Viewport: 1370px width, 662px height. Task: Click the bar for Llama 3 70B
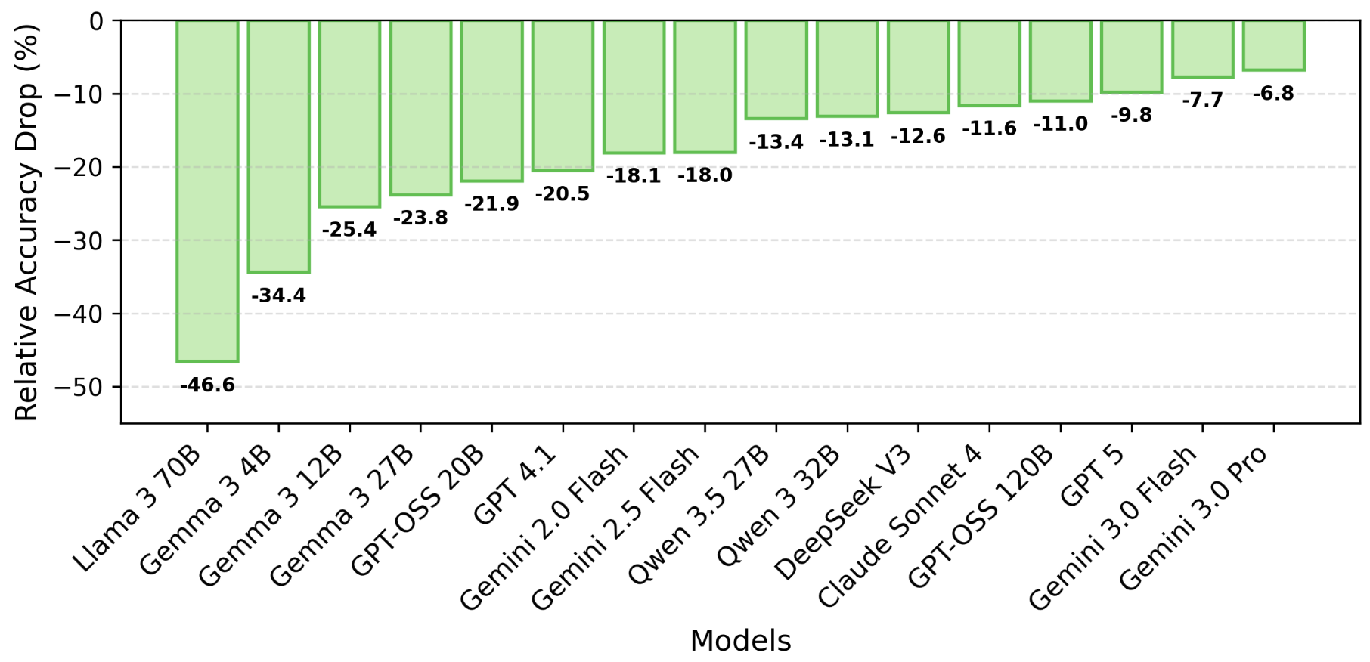point(207,191)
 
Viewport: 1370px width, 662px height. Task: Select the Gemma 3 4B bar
point(278,147)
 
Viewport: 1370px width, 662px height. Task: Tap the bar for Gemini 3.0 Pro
point(1274,45)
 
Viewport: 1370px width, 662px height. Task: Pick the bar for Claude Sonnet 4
point(990,63)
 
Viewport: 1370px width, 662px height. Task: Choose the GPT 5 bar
point(1132,57)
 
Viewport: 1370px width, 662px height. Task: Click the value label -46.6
point(207,385)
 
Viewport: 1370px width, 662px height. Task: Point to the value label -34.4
point(278,295)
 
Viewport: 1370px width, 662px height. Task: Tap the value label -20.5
point(563,194)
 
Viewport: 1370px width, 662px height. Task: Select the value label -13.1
point(847,140)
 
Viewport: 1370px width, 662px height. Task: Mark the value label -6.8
point(1274,94)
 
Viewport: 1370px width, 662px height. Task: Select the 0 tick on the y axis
point(97,21)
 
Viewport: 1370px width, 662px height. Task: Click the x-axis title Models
point(741,641)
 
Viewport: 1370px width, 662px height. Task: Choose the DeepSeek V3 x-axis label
point(843,514)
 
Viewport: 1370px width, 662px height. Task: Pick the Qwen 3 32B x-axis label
point(778,506)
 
